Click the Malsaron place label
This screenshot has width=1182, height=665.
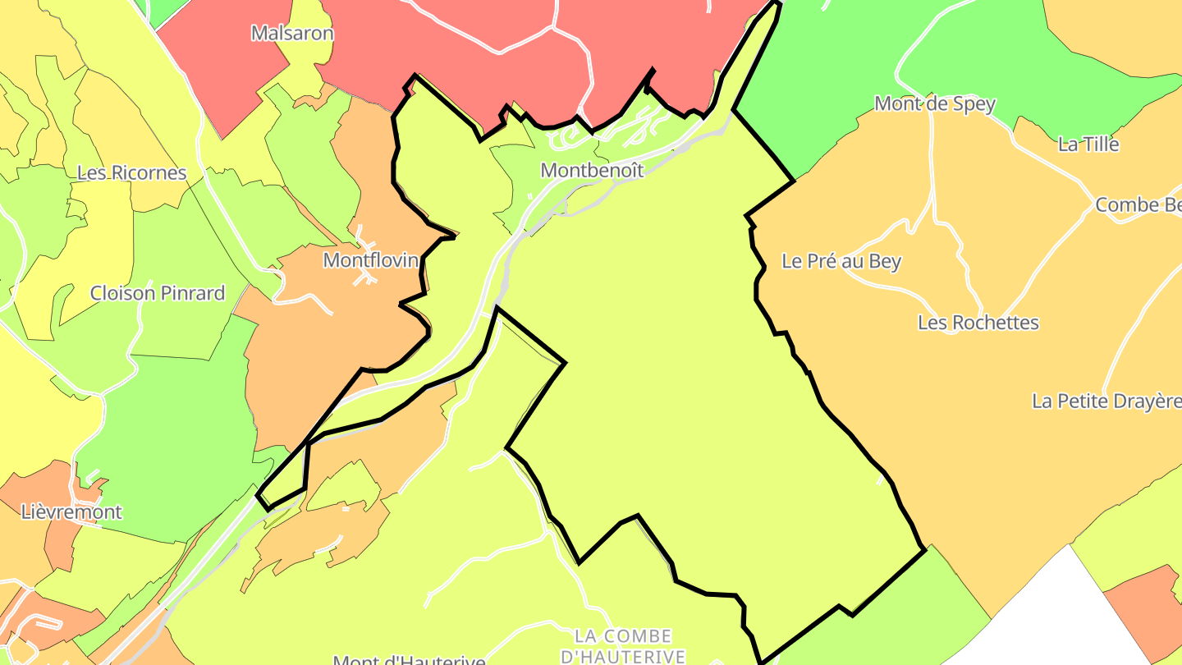pos(292,34)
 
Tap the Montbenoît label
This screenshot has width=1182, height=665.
pos(592,170)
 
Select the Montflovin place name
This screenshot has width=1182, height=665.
pos(371,260)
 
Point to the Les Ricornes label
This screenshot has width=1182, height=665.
pos(132,173)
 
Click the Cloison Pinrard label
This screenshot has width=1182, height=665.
pos(158,293)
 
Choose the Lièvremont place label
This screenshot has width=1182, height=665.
pos(71,512)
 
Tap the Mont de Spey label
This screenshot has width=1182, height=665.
pos(935,104)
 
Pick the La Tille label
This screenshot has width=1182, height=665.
pos(1088,144)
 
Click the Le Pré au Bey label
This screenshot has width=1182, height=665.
pos(841,262)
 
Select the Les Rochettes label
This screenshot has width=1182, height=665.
pos(978,323)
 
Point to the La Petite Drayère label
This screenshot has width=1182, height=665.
pos(1106,401)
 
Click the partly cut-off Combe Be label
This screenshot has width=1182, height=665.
pos(1138,205)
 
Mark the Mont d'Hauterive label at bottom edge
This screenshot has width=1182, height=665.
pos(409,659)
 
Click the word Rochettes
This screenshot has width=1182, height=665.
pos(996,323)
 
